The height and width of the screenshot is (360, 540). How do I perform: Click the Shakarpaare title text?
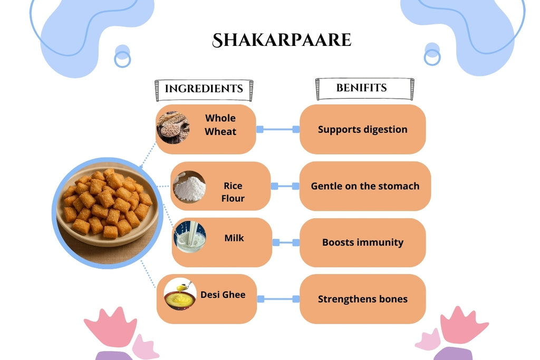coord(281,40)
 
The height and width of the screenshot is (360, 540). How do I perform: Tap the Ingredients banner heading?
coord(204,89)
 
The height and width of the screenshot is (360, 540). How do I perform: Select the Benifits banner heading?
coord(362,87)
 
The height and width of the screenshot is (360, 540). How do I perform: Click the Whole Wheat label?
coord(220,125)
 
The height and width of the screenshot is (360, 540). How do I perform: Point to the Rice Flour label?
coord(233,192)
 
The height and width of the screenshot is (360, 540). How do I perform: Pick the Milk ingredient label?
coord(234,238)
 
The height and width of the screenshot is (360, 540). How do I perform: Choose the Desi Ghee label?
coord(223,295)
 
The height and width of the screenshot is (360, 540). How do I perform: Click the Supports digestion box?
coord(362,129)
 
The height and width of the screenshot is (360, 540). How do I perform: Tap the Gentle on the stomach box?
coord(365,186)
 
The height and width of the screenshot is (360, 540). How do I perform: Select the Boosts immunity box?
coord(362,242)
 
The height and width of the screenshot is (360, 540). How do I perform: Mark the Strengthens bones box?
coord(362,299)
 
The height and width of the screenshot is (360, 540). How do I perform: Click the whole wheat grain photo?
coord(173,127)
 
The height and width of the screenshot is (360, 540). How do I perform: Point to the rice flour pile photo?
coord(189,187)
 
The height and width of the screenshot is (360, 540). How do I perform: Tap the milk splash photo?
coord(190,237)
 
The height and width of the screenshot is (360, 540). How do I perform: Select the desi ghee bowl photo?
coord(180,295)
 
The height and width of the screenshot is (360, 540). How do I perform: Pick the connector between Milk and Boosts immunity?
coord(285,242)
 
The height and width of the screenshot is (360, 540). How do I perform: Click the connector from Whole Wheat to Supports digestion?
coord(277,129)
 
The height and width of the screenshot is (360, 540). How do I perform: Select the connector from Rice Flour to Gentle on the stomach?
coord(285,186)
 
